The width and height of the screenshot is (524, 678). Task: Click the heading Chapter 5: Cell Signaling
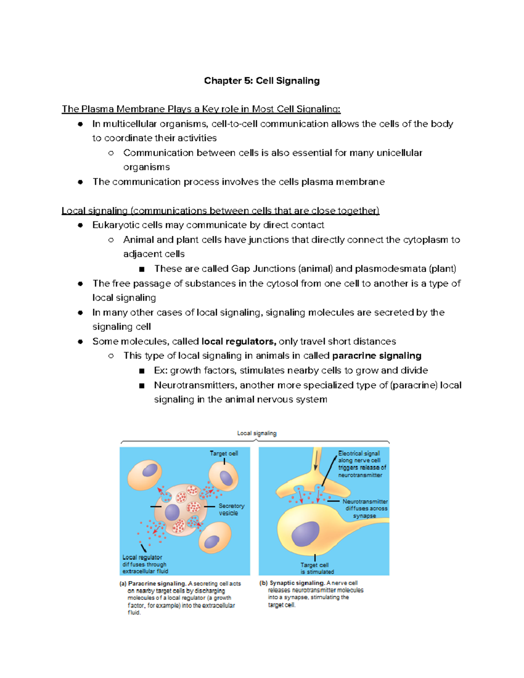(x=262, y=81)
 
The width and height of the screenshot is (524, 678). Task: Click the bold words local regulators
(x=238, y=341)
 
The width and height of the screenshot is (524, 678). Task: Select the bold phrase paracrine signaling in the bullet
(x=376, y=356)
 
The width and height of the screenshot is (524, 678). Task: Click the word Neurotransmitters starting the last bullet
(x=195, y=385)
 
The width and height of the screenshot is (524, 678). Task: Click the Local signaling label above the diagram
(x=257, y=433)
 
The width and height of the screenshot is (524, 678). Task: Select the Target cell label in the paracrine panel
(x=224, y=454)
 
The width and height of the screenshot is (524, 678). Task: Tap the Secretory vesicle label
(x=231, y=509)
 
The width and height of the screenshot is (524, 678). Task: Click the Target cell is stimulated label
(x=317, y=568)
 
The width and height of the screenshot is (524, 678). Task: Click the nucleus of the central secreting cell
(x=172, y=512)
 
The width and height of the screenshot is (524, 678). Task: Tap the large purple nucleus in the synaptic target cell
(x=305, y=533)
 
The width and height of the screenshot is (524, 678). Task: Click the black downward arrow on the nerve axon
(x=315, y=461)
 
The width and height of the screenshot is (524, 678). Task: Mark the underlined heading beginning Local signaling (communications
(x=221, y=211)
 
